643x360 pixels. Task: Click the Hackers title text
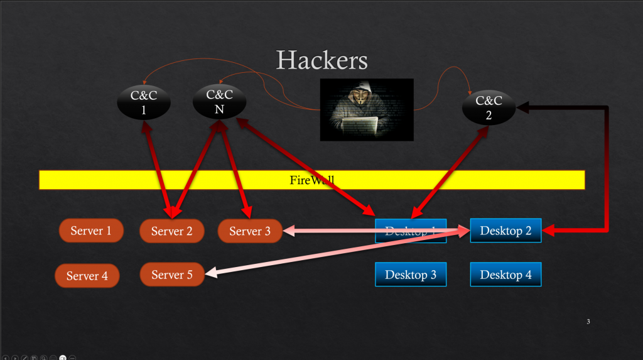pos(321,60)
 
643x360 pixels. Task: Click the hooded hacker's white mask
pos(359,99)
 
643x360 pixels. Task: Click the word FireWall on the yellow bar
pos(312,180)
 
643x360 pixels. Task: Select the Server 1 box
pos(90,231)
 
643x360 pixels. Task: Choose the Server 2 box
pos(171,231)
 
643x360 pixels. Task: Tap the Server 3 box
pos(249,231)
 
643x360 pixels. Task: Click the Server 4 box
pos(87,276)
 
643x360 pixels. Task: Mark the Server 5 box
pos(171,275)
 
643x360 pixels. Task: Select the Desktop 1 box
pos(410,231)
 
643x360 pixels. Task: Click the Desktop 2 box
pos(505,231)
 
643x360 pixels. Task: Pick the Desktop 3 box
pos(410,275)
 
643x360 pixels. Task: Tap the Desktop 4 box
pos(505,275)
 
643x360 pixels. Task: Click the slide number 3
pos(588,322)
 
